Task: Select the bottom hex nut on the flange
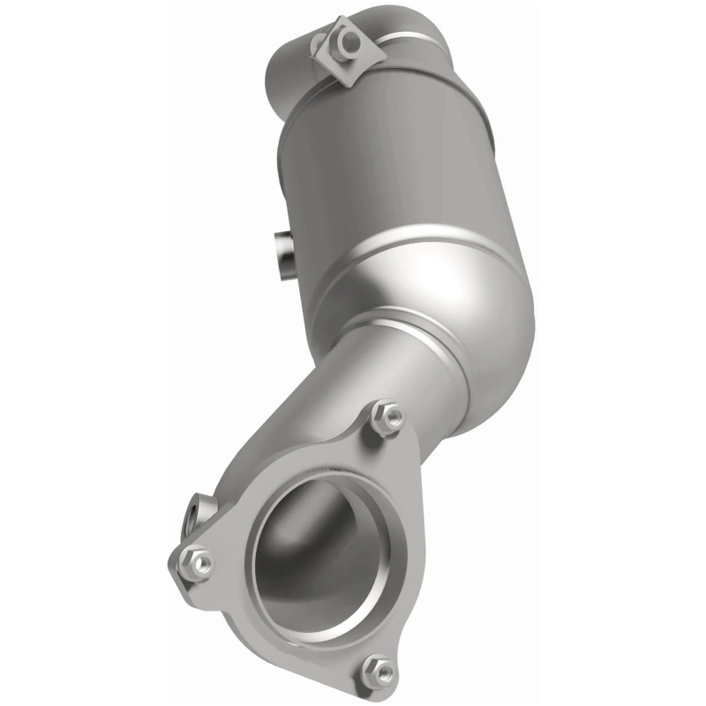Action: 380,672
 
